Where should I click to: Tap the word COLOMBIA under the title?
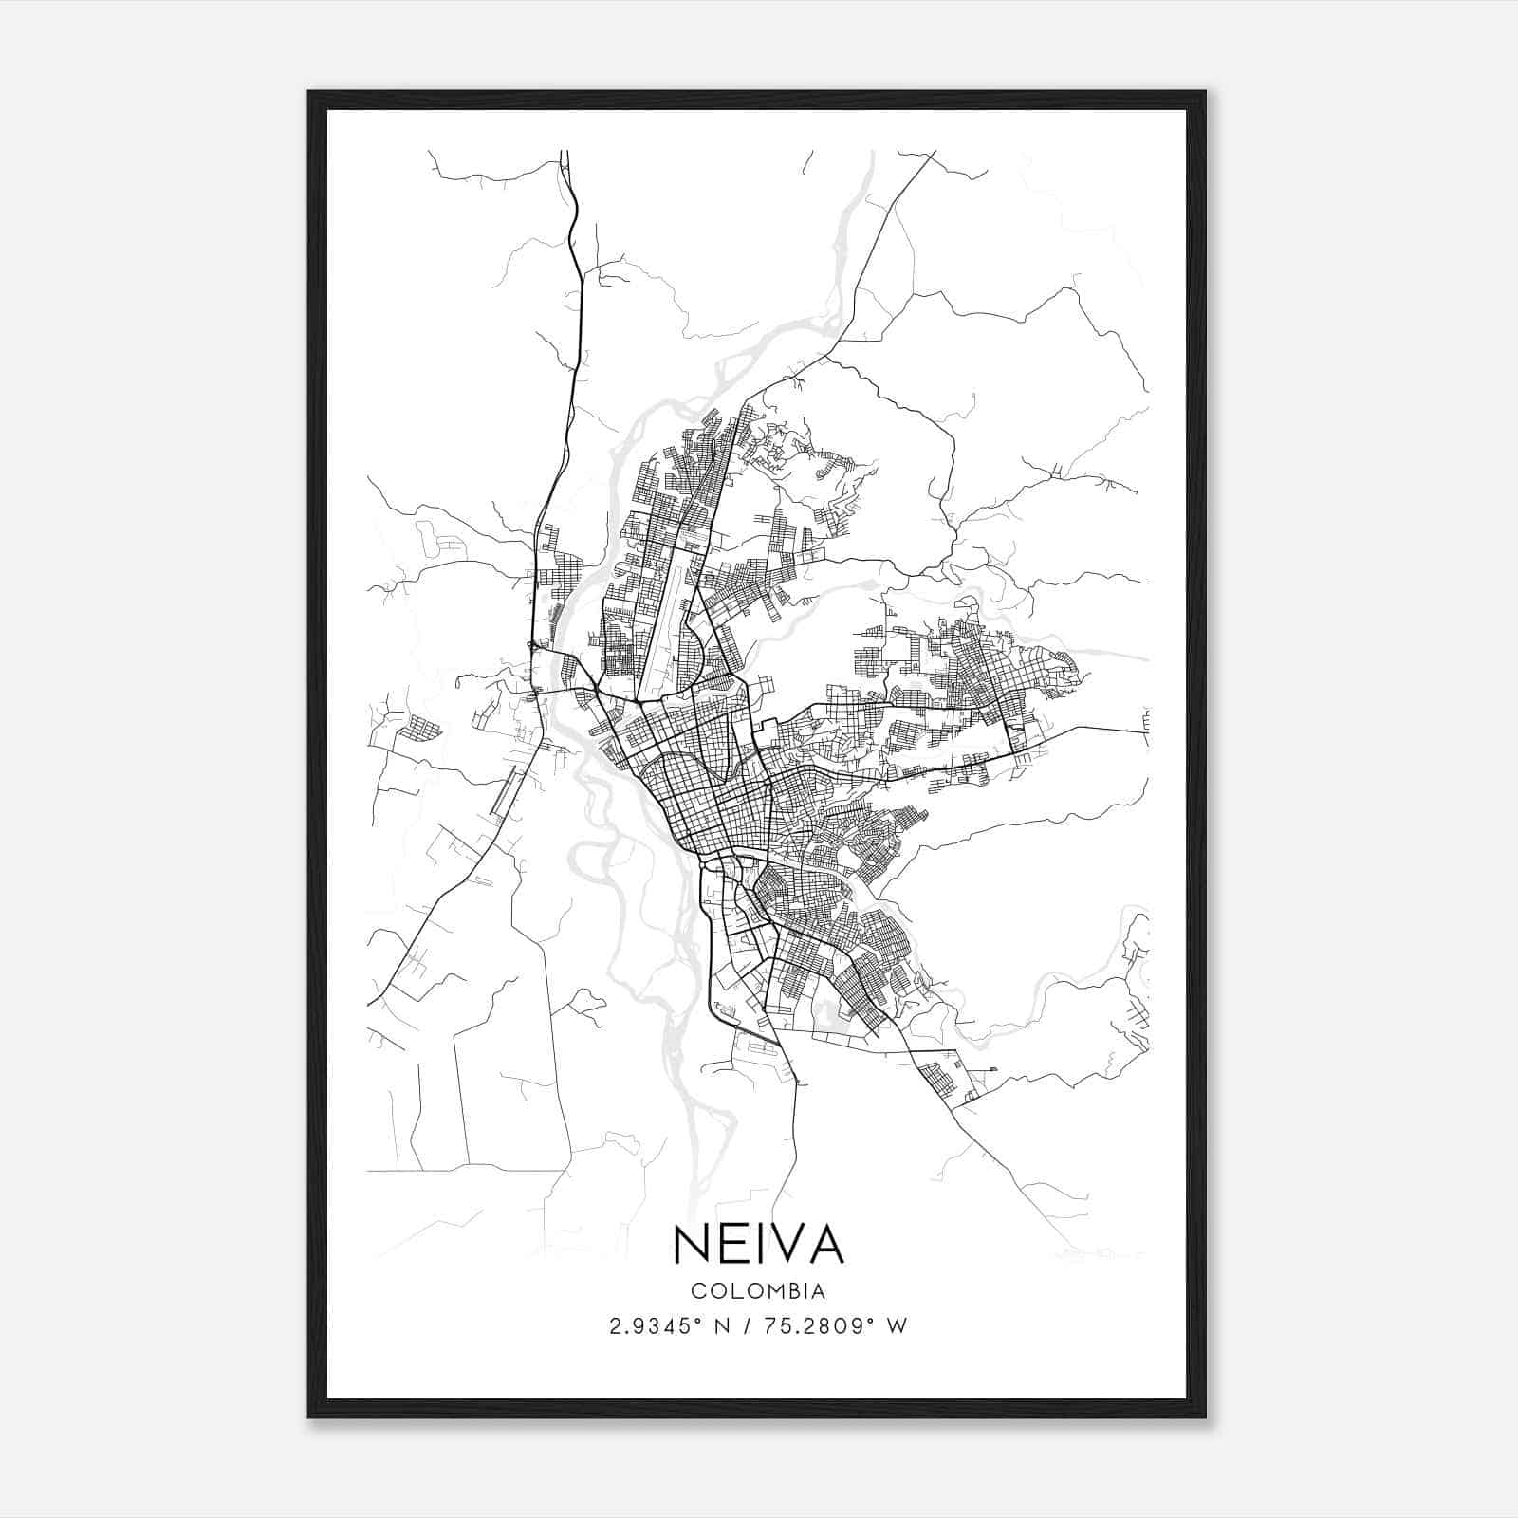pyautogui.click(x=758, y=1291)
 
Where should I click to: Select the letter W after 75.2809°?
pyautogui.click(x=898, y=1326)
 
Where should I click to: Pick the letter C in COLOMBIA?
pyautogui.click(x=698, y=1291)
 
